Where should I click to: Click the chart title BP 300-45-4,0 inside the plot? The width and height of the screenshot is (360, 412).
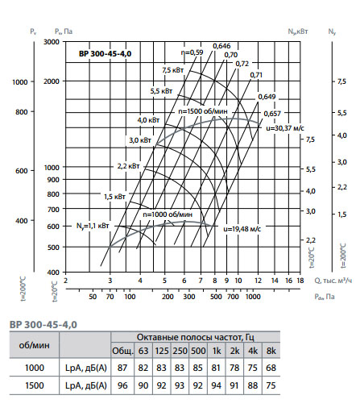[105, 54]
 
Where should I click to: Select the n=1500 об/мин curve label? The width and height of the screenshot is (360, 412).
[203, 111]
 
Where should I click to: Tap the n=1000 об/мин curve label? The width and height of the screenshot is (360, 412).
[168, 214]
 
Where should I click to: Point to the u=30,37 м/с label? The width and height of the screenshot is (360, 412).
[285, 128]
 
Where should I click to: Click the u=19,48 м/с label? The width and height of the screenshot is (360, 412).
[242, 229]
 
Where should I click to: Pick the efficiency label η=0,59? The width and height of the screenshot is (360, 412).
[192, 52]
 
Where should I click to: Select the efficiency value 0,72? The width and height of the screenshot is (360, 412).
[242, 64]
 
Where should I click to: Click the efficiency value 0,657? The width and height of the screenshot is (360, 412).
[272, 114]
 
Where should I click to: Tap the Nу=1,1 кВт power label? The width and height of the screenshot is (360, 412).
[93, 226]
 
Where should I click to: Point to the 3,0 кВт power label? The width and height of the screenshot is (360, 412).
[140, 140]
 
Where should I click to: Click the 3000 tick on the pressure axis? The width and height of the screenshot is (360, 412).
[52, 42]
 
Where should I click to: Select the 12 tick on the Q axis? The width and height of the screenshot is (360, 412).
[258, 281]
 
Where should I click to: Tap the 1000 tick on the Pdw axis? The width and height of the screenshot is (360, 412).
[253, 297]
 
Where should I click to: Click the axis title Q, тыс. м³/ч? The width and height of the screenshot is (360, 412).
[333, 281]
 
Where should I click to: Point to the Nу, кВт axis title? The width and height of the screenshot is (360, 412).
[298, 31]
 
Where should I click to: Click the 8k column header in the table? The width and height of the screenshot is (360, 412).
[271, 351]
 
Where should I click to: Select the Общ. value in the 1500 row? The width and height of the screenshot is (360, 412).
[122, 385]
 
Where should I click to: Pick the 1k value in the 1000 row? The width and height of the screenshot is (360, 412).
[216, 368]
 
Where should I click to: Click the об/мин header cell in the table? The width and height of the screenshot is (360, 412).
[35, 345]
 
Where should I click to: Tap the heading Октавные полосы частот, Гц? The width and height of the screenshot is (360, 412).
[196, 337]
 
